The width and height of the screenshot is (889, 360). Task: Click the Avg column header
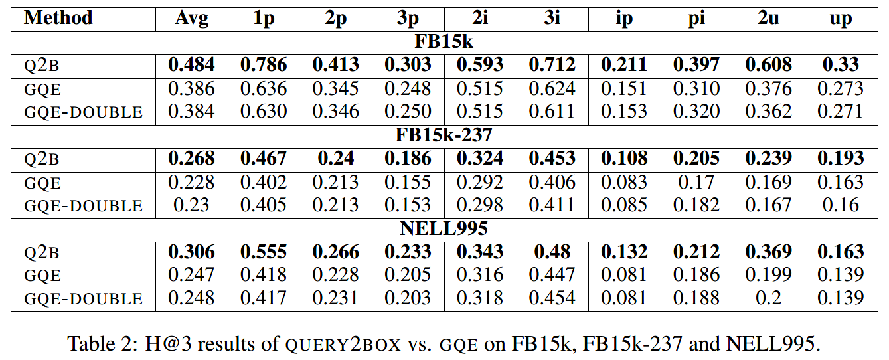point(191,18)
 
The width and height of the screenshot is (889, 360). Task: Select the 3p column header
point(408,18)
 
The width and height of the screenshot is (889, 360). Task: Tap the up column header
point(841,18)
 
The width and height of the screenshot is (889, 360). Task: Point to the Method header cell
point(58,18)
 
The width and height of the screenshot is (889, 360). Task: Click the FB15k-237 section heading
point(444,135)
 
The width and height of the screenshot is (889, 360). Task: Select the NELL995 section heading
point(444,229)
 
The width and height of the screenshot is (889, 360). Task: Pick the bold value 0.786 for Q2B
point(264,65)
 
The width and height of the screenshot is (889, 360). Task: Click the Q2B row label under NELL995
point(42,253)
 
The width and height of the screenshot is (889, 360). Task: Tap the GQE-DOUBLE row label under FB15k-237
point(83,206)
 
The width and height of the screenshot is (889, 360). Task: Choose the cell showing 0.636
point(264,88)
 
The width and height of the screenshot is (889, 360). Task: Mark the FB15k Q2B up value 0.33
point(841,65)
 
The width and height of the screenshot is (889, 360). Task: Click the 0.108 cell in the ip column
point(624,159)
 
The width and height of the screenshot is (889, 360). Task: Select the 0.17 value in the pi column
point(696,182)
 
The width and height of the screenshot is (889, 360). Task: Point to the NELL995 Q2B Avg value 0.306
point(191,252)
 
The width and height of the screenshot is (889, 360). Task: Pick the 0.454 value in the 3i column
point(552,298)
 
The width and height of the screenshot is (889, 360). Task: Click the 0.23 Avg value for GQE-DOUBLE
point(191,205)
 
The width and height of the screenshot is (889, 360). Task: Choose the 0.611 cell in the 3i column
point(552,111)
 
